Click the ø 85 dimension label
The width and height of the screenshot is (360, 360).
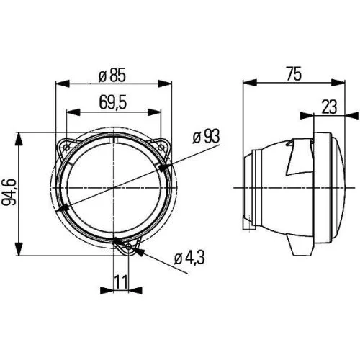point(113,73)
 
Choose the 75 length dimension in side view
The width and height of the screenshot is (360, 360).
point(292,73)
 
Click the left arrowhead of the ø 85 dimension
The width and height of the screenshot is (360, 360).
point(59,83)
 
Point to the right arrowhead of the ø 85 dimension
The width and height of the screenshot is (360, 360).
point(168,83)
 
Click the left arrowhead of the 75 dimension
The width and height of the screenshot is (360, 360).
point(248,83)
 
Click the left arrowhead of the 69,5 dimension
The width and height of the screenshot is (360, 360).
point(69,112)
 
